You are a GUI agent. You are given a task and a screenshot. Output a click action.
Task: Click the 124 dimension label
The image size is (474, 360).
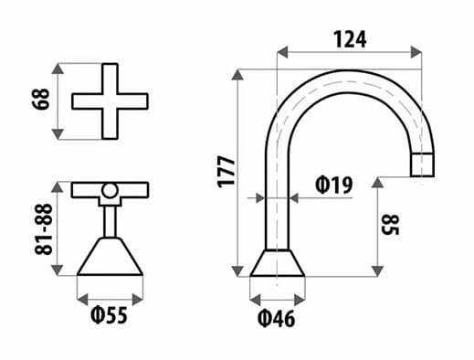tap(350, 39)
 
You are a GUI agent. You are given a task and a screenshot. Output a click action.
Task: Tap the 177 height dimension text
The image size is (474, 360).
tap(226, 172)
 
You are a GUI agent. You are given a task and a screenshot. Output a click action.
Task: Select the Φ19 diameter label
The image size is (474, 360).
tap(333, 185)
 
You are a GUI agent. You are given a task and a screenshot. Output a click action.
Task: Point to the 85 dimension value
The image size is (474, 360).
tap(390, 225)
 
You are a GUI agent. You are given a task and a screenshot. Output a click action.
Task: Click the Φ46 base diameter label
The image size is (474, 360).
tap(276, 319)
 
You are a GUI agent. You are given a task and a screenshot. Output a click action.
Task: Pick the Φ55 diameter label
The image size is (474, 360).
tap(109, 315)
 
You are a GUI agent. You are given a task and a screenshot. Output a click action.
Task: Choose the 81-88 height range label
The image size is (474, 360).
tap(44, 229)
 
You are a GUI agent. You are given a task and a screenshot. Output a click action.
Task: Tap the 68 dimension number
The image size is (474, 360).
tap(40, 99)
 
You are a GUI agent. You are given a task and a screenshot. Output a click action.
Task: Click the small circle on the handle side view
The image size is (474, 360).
tap(110, 191)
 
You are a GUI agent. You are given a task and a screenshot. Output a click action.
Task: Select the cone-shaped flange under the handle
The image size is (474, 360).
tap(110, 257)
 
